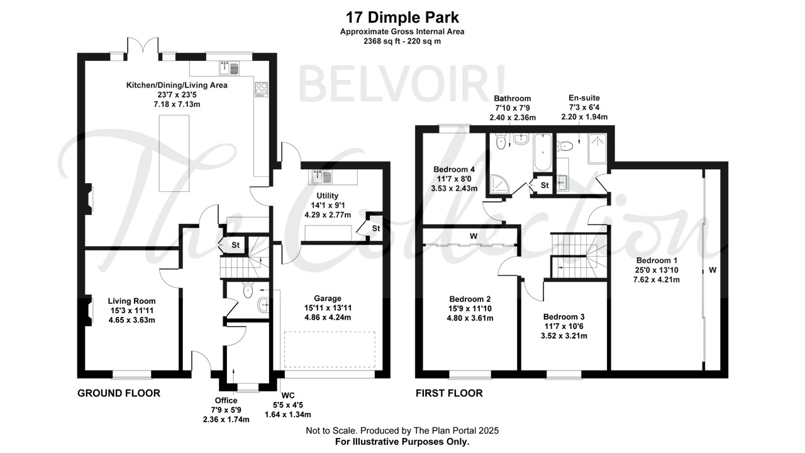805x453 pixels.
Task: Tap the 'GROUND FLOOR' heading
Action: pos(118,393)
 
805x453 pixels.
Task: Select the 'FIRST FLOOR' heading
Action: pos(449,393)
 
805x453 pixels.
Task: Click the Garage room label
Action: pos(328,298)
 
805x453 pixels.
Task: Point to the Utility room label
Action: pos(327,196)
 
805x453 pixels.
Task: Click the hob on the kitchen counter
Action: pos(261,89)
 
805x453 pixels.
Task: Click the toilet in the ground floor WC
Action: pos(247,290)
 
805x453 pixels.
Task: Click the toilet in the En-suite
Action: pos(565,146)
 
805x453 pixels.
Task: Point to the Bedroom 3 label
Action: pos(564,316)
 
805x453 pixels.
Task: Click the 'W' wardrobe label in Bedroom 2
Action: pos(472,237)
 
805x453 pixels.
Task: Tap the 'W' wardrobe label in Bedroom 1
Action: pos(713,271)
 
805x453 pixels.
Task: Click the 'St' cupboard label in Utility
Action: pos(375,227)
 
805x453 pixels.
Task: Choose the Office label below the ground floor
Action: pos(226,400)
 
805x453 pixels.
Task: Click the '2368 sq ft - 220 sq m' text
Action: pos(402,42)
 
